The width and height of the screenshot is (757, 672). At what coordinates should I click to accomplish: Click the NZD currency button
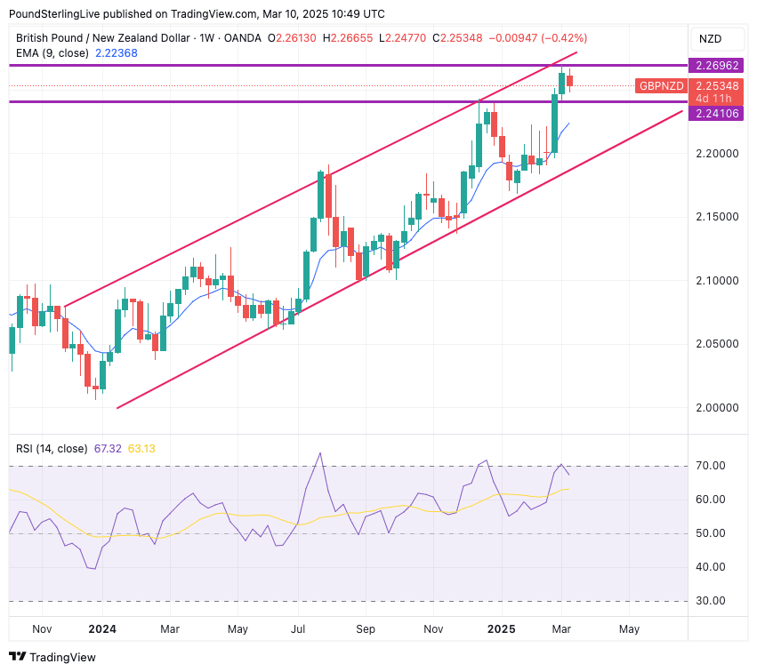click(x=710, y=39)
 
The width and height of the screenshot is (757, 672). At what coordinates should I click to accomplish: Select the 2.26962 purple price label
click(x=716, y=66)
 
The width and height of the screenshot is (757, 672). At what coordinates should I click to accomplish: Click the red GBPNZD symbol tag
click(x=661, y=86)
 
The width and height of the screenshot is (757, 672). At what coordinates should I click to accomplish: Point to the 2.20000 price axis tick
click(x=716, y=154)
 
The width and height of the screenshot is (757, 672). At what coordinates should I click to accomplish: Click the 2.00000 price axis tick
click(x=716, y=407)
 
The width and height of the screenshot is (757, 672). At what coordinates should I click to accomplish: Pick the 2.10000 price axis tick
click(x=716, y=281)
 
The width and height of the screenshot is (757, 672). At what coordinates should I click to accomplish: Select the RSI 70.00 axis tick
click(x=712, y=466)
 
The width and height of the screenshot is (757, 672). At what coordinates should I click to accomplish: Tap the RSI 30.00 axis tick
click(x=712, y=601)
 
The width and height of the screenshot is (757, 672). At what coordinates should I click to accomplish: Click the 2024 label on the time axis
click(x=102, y=629)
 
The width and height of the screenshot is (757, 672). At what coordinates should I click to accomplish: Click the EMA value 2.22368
click(x=116, y=53)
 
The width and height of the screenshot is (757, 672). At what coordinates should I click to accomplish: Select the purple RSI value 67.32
click(x=109, y=449)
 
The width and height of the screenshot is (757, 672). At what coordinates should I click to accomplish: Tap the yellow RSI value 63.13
click(x=141, y=449)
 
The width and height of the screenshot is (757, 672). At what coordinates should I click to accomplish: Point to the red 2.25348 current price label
click(x=716, y=86)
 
